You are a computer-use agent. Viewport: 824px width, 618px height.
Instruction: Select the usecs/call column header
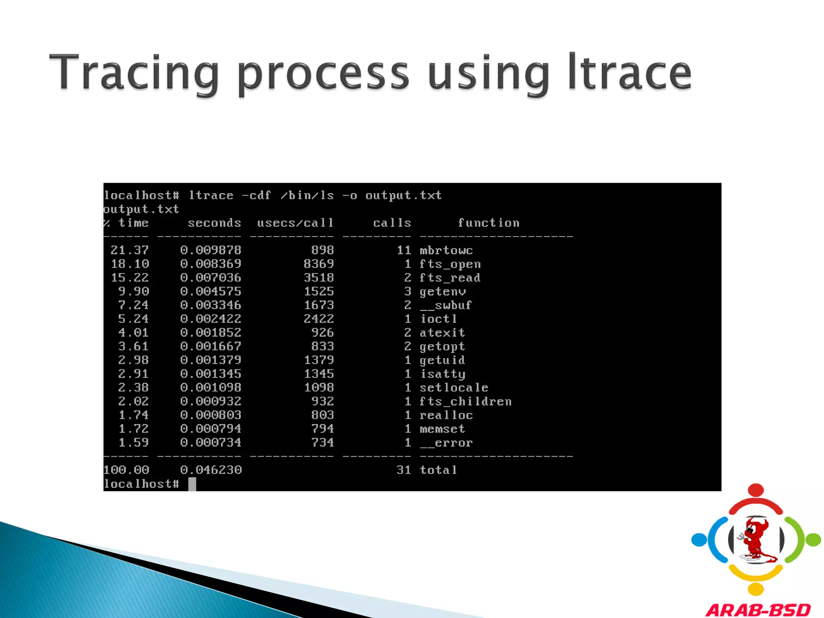coord(295,223)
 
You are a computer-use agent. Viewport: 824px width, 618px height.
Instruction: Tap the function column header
coord(488,223)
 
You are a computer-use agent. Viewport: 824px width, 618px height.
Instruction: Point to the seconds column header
coord(214,223)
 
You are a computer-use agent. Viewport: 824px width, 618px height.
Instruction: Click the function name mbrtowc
coord(446,250)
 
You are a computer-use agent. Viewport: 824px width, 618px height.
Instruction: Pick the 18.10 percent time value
coord(130,264)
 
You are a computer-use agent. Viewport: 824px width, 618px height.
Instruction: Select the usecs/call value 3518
coord(319,278)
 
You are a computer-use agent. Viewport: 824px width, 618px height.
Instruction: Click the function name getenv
coord(443,292)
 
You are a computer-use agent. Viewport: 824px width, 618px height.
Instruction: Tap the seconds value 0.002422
coord(210,319)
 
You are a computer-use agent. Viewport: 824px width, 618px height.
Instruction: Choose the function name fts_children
coord(466,402)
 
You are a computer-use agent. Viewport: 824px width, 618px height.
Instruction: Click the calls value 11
coord(404,250)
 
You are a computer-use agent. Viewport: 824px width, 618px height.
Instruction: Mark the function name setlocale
coord(454,388)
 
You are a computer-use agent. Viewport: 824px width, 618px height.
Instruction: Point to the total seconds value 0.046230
coord(211,470)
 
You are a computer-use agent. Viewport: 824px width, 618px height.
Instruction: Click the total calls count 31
coord(404,470)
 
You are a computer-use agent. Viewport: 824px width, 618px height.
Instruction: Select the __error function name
coord(446,443)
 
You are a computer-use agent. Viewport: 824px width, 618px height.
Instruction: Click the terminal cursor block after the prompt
coord(192,484)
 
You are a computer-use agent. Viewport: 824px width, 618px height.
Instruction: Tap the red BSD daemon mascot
coord(756,539)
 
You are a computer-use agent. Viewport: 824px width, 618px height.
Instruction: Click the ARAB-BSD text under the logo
coord(758,610)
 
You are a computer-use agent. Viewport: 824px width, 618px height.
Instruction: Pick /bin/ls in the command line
coord(307,196)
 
